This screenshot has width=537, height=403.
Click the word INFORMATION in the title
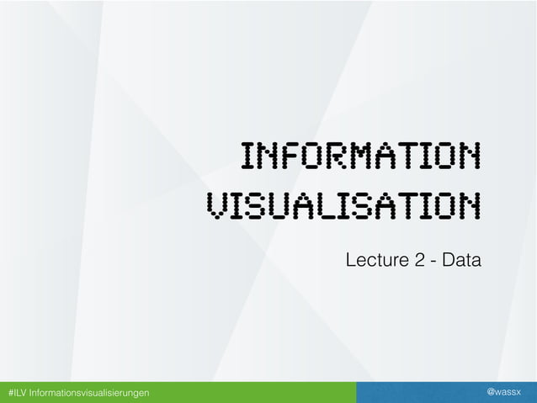(360, 156)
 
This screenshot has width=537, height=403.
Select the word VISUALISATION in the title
(343, 204)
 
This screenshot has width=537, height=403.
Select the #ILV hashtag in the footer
(17, 393)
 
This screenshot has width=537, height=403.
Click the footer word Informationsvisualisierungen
(89, 393)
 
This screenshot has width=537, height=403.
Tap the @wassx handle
(504, 393)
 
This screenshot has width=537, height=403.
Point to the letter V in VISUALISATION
(216, 204)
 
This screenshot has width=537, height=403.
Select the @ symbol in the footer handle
(492, 393)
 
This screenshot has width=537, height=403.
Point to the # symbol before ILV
(10, 393)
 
